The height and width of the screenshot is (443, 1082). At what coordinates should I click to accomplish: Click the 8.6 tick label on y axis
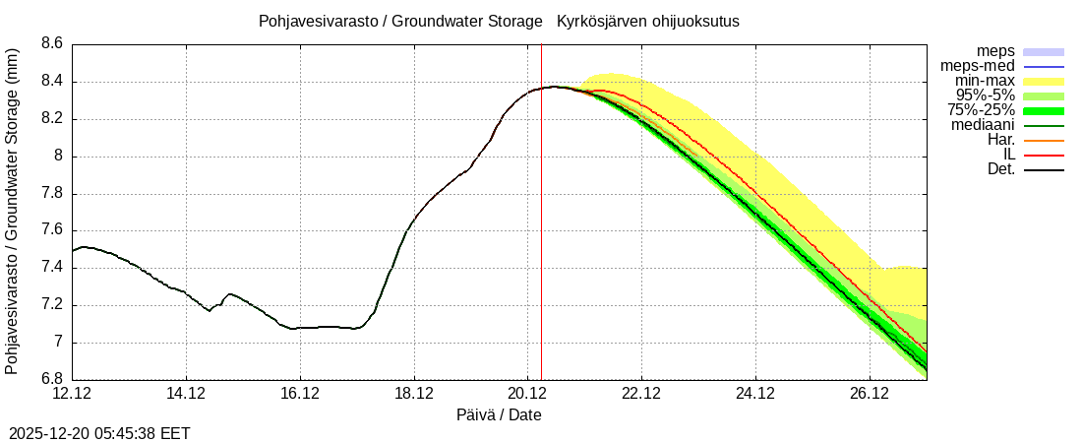pyautogui.click(x=52, y=44)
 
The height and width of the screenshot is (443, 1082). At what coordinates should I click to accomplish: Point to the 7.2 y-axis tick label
pyautogui.click(x=52, y=305)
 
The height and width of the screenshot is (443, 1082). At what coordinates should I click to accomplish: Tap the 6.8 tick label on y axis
pyautogui.click(x=52, y=380)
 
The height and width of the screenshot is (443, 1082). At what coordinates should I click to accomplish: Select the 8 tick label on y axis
pyautogui.click(x=58, y=157)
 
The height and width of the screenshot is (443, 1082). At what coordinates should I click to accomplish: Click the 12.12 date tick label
pyautogui.click(x=72, y=394)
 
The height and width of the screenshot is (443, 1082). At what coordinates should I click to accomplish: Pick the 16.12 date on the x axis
pyautogui.click(x=300, y=394)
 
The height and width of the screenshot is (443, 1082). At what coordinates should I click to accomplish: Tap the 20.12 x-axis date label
pyautogui.click(x=527, y=394)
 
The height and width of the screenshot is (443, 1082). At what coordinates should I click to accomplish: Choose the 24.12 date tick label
pyautogui.click(x=755, y=394)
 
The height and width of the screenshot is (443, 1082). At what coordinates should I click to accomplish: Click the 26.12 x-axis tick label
pyautogui.click(x=870, y=394)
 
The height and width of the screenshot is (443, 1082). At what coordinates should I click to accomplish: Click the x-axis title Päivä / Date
pyautogui.click(x=499, y=415)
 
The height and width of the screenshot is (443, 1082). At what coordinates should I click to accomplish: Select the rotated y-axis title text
pyautogui.click(x=12, y=212)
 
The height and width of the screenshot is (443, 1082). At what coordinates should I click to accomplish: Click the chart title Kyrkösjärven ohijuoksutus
pyautogui.click(x=648, y=21)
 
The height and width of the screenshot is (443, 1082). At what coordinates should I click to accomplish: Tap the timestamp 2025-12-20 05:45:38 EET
pyautogui.click(x=99, y=433)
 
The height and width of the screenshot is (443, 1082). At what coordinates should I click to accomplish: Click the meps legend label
pyautogui.click(x=995, y=51)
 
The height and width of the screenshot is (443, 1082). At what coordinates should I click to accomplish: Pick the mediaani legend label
pyautogui.click(x=983, y=125)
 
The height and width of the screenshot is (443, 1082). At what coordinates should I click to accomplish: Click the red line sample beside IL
pyautogui.click(x=1044, y=156)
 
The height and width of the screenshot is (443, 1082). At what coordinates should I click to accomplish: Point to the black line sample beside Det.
pyautogui.click(x=1044, y=170)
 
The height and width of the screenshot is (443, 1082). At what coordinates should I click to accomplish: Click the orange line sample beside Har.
pyautogui.click(x=1044, y=141)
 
